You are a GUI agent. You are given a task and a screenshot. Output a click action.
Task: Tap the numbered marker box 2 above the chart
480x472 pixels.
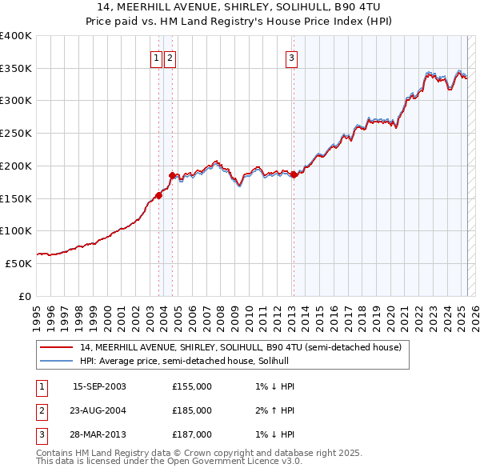[171, 58]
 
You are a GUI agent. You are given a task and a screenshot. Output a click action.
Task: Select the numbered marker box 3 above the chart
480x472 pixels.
[292, 58]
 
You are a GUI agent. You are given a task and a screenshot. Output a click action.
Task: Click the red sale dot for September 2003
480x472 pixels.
[159, 194]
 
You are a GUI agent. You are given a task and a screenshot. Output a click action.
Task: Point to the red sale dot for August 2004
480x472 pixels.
[173, 174]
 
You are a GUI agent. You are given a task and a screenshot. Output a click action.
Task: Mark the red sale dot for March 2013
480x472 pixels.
[294, 174]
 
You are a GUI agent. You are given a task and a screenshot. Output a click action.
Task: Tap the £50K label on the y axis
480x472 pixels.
[18, 263]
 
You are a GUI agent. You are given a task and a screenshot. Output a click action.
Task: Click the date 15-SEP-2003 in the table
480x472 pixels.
[99, 386]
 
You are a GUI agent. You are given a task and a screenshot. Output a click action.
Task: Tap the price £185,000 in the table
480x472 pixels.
[191, 410]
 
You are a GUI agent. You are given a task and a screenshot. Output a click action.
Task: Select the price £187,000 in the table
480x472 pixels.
[191, 434]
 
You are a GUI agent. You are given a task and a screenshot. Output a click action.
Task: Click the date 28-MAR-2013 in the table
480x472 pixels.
[99, 434]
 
